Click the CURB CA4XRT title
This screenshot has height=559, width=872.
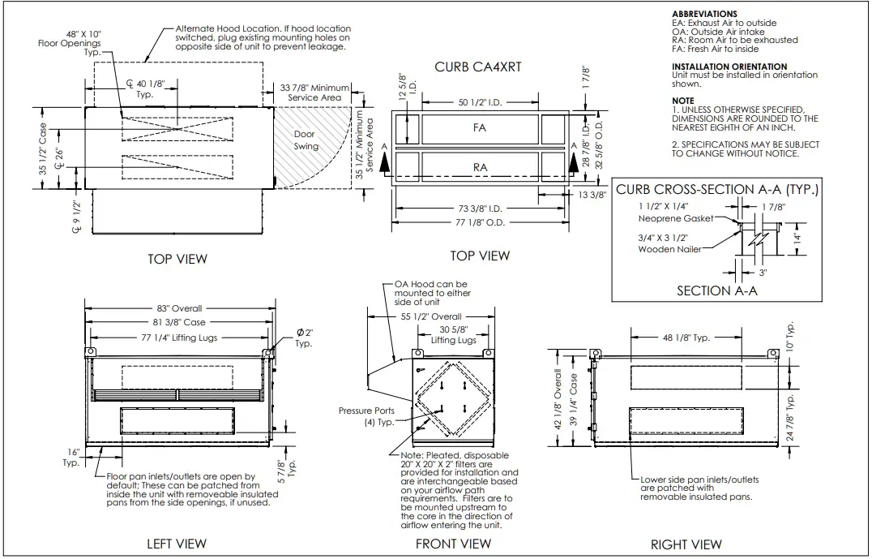click(477, 67)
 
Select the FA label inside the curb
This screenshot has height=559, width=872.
click(480, 128)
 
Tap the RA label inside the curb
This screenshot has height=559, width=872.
click(480, 168)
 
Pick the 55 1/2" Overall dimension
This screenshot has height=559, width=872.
click(430, 316)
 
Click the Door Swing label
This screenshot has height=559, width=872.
click(306, 140)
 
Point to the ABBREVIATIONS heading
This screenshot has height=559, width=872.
click(704, 15)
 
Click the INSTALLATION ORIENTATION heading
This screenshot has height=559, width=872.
click(729, 67)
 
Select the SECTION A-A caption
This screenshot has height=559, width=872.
click(716, 290)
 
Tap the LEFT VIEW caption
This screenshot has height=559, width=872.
click(176, 543)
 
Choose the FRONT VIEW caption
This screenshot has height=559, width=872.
click(453, 543)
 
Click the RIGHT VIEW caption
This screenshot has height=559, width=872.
click(686, 544)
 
